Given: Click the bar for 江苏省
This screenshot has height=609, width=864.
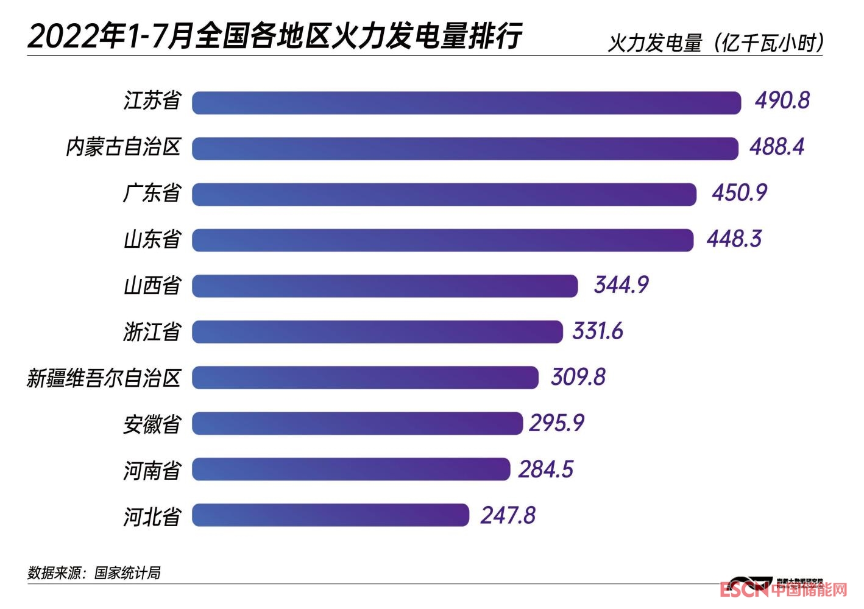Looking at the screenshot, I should click(466, 102).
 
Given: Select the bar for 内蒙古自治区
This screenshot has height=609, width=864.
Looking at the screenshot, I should click(465, 149).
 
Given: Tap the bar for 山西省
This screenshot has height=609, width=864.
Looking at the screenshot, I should click(384, 286).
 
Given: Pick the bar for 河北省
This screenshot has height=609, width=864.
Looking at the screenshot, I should click(330, 515).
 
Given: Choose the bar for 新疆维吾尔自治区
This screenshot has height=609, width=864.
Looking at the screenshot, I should click(365, 378).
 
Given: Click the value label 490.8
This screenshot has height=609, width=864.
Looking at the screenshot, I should click(782, 100).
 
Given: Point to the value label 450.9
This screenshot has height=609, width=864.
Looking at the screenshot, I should click(739, 193).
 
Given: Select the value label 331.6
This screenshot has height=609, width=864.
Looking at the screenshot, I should click(598, 331).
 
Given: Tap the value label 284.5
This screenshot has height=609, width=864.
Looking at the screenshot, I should click(546, 470).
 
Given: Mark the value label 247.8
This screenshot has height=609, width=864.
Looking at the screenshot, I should click(508, 516).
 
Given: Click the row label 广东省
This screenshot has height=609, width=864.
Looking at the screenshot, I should click(152, 194).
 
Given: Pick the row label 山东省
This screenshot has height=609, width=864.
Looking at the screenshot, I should click(152, 239).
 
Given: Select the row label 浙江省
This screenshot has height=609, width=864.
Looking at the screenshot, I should click(152, 332).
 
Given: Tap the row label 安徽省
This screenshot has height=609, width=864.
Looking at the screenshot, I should click(152, 424).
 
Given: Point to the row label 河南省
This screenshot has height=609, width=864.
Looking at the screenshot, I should click(152, 470).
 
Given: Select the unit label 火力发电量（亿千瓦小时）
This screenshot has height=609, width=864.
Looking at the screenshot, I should click(717, 43).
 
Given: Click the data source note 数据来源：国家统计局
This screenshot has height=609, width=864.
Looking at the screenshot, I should click(94, 572).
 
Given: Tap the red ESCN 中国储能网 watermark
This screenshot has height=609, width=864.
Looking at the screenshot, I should click(783, 590).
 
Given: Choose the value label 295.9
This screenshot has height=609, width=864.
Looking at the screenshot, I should click(556, 423).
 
